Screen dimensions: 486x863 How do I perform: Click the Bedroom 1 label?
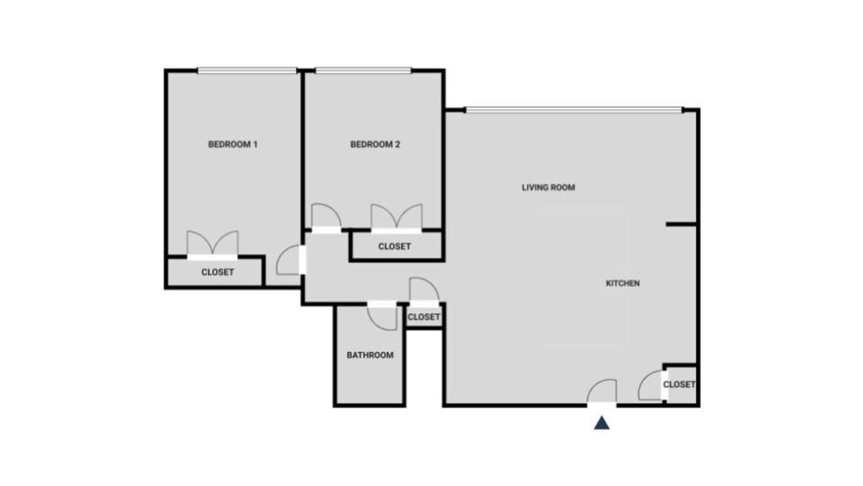(x=233, y=144)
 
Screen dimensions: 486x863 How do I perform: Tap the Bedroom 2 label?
(x=375, y=144)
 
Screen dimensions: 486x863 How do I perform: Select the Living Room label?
(x=548, y=188)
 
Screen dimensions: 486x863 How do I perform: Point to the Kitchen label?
(x=623, y=283)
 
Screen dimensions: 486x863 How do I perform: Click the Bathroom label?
(x=370, y=355)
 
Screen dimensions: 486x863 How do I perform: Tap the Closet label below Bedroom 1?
(x=217, y=272)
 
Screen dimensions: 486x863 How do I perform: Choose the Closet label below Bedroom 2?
(x=395, y=247)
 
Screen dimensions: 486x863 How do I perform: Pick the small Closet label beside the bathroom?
(x=424, y=317)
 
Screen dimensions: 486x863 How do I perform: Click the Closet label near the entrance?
(x=679, y=384)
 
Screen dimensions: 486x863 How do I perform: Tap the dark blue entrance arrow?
(x=602, y=423)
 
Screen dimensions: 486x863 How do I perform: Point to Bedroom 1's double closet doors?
(x=213, y=244)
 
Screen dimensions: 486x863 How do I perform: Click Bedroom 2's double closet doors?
(x=396, y=218)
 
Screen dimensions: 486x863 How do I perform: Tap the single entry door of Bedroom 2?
(x=326, y=217)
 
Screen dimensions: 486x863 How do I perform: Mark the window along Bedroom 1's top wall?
(x=247, y=70)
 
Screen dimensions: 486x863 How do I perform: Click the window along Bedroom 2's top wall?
(x=363, y=70)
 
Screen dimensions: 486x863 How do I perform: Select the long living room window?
(x=573, y=110)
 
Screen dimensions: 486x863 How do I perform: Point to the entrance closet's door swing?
(x=651, y=387)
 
